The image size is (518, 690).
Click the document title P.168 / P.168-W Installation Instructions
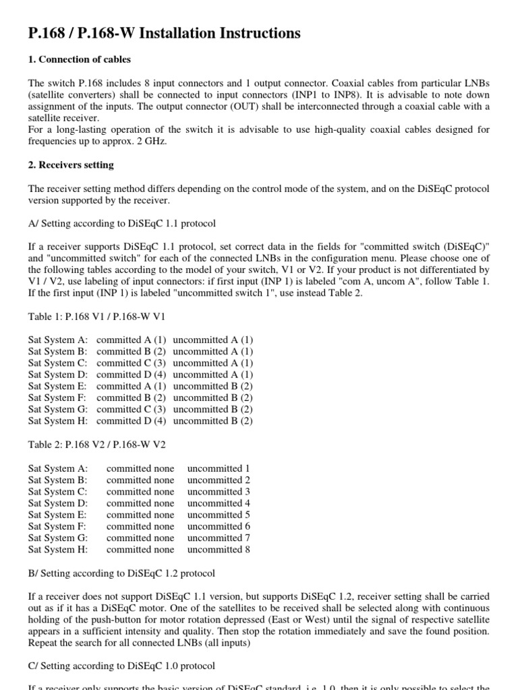pyautogui.click(x=165, y=33)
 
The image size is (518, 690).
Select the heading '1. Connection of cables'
pyautogui.click(x=80, y=60)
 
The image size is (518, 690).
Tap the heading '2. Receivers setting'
pyautogui.click(x=71, y=165)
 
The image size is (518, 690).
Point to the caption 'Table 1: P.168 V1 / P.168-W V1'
pyautogui.click(x=96, y=316)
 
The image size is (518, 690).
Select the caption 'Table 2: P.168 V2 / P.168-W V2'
pyautogui.click(x=96, y=445)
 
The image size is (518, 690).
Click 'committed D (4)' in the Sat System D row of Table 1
pyautogui.click(x=131, y=375)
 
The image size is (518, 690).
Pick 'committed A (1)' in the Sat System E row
pyautogui.click(x=131, y=386)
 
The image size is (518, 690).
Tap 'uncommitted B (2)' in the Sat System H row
pyautogui.click(x=213, y=420)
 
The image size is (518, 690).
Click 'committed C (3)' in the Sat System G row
pyautogui.click(x=131, y=409)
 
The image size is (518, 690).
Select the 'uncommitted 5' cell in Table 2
pyautogui.click(x=219, y=515)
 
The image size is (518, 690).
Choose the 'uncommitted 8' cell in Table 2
pyautogui.click(x=219, y=549)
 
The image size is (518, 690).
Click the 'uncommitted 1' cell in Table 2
pyautogui.click(x=219, y=468)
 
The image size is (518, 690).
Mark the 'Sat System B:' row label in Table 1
pyautogui.click(x=58, y=352)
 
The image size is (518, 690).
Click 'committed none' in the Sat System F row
pyautogui.click(x=140, y=526)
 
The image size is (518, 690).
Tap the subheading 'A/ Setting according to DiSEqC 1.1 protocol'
pyautogui.click(x=122, y=224)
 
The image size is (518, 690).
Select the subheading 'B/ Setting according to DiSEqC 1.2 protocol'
pyautogui.click(x=122, y=573)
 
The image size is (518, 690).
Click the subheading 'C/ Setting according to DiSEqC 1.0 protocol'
pyautogui.click(x=122, y=666)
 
